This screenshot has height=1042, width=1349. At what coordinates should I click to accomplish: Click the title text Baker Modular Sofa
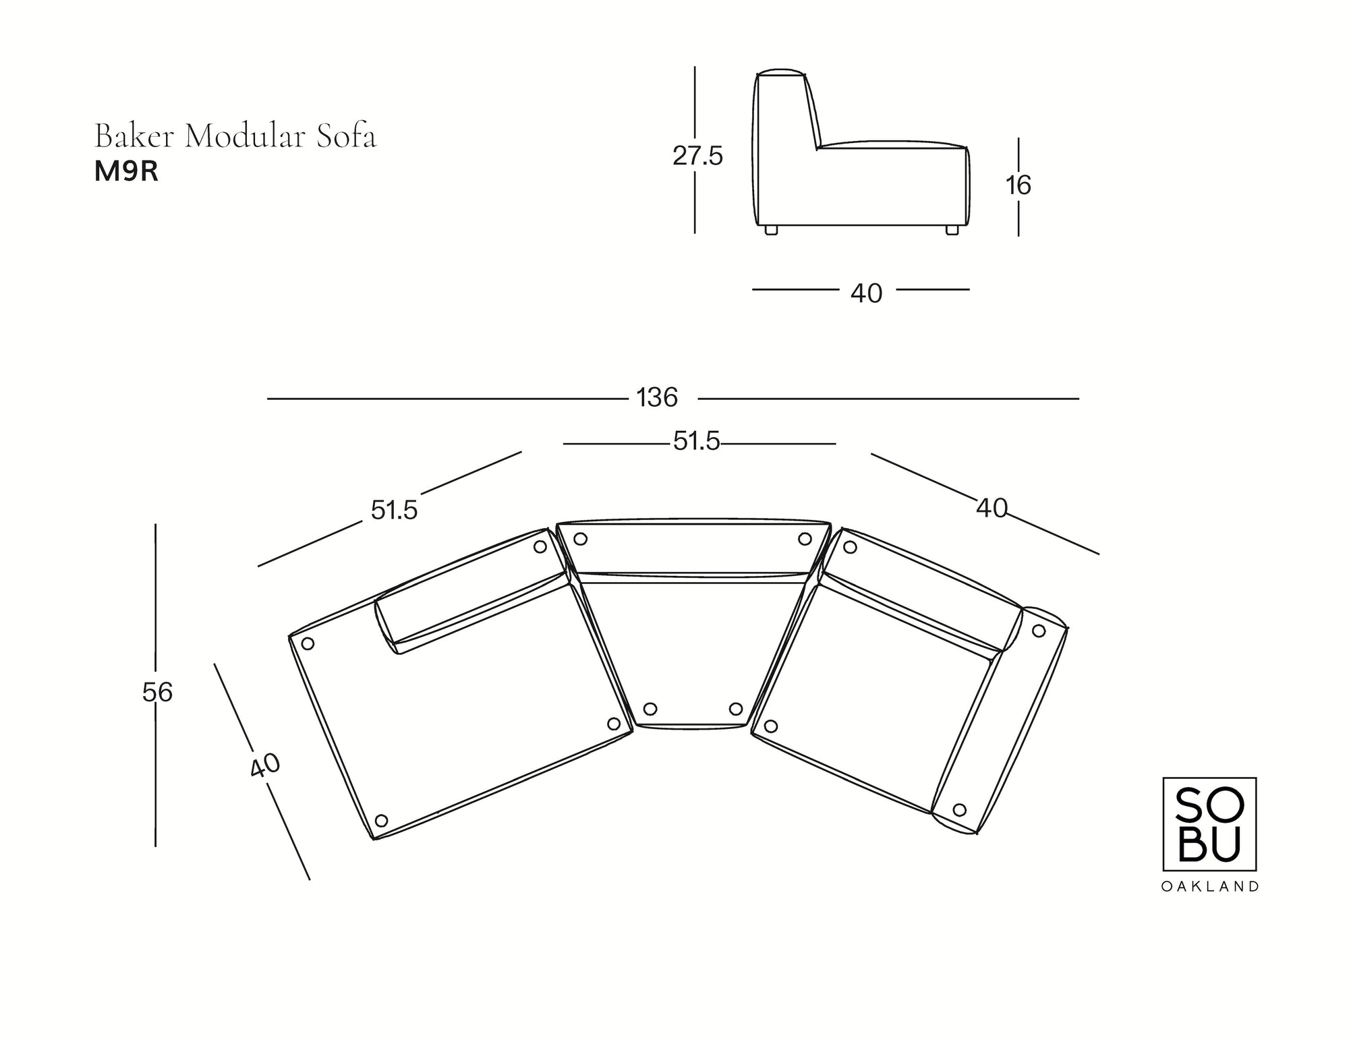[235, 136]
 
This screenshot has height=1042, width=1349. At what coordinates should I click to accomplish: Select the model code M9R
[126, 172]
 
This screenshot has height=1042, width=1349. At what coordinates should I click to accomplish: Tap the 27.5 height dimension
[697, 156]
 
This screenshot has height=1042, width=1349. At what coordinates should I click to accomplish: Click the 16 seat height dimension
[1018, 185]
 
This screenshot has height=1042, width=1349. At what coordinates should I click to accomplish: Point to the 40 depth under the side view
[866, 293]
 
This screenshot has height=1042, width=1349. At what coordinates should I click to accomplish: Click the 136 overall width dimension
[657, 398]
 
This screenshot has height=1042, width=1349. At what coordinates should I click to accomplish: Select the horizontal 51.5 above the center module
[697, 442]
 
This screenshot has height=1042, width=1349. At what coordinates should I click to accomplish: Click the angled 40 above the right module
[992, 508]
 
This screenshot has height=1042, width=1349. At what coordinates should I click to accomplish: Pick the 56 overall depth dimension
[158, 693]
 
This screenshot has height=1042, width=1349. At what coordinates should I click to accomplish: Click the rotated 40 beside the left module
[265, 765]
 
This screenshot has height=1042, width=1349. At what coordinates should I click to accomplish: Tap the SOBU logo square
[1209, 823]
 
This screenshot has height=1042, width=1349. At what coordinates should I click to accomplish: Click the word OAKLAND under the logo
[1209, 887]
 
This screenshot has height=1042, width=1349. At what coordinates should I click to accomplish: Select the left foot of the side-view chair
[771, 230]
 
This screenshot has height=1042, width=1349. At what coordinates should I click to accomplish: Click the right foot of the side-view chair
[952, 230]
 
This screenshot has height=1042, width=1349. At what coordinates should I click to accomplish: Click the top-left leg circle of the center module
[580, 539]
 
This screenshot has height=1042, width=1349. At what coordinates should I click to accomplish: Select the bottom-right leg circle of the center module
[736, 709]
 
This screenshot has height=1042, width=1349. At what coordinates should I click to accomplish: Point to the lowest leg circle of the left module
[381, 821]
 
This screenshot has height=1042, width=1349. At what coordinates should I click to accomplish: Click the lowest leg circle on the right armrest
[960, 809]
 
